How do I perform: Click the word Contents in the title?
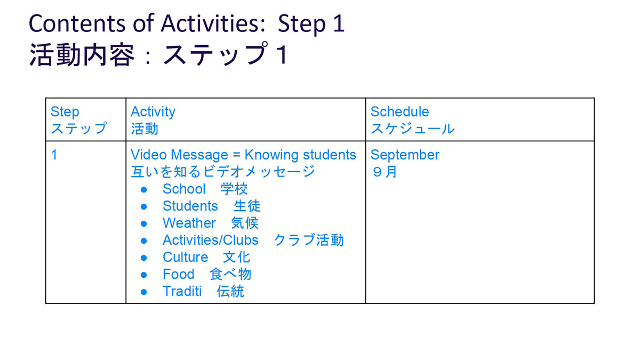77,23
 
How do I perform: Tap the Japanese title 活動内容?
82,54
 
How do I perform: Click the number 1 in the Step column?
54,155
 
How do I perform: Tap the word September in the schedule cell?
405,155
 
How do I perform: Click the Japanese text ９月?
385,172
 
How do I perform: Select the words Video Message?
179,155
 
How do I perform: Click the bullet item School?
184,189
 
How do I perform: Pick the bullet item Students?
190,206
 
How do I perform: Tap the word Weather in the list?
189,223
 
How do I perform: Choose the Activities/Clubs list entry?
211,241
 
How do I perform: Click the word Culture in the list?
186,257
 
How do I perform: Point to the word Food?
179,274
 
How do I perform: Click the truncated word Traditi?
182,291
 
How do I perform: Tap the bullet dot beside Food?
143,275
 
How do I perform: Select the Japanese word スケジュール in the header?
413,129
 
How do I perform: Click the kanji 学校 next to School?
234,189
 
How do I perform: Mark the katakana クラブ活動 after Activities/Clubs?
309,240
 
